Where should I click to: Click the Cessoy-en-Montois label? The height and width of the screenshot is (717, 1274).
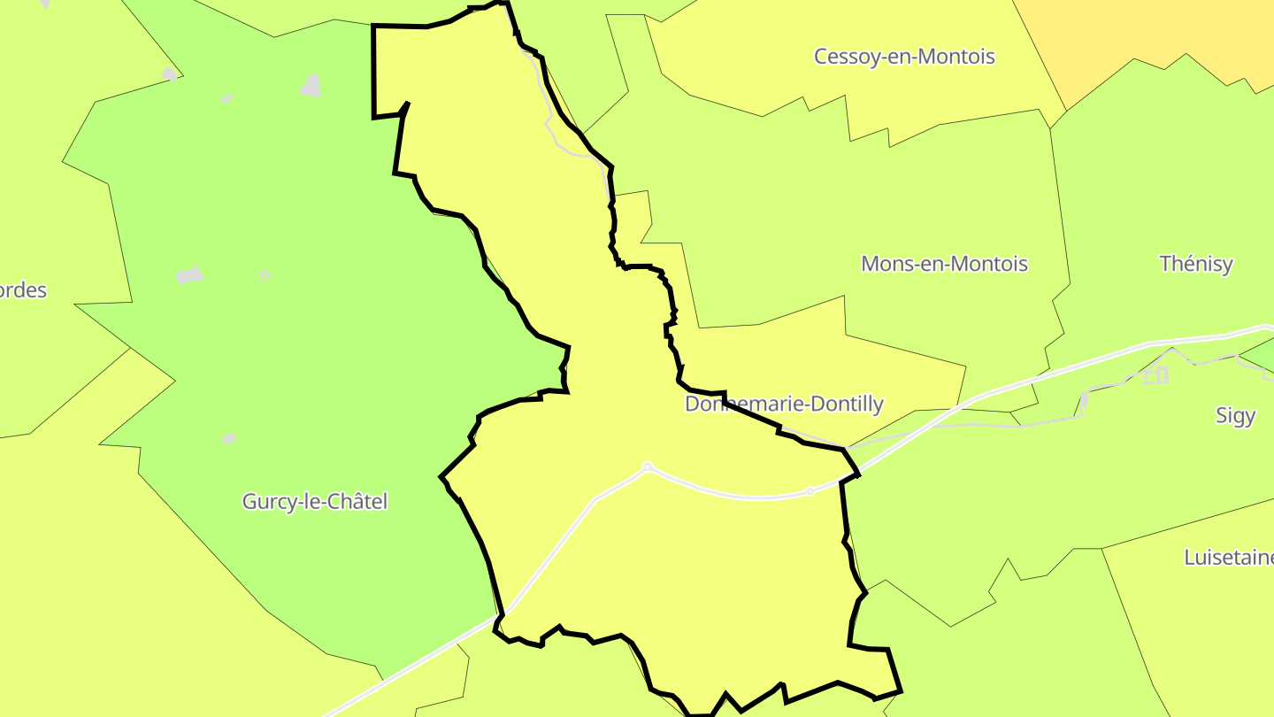tap(904, 57)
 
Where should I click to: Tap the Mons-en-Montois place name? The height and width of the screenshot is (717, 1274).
tap(944, 264)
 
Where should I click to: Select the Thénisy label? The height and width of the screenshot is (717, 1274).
tap(1195, 264)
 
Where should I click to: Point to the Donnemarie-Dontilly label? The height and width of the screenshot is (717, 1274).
tap(784, 405)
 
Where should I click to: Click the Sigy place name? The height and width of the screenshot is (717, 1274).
tap(1235, 415)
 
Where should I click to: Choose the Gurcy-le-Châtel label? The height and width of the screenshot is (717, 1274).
tap(315, 502)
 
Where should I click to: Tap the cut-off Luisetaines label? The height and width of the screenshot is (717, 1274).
tap(1229, 558)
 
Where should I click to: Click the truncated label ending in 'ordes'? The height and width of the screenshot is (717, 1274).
tap(23, 290)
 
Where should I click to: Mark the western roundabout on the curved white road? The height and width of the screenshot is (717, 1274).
tap(648, 466)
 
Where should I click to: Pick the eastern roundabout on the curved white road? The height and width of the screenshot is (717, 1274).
tap(810, 491)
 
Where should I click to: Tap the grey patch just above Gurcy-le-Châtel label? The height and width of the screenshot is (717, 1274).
tap(229, 438)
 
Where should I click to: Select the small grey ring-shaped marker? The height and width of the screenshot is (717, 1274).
tap(265, 276)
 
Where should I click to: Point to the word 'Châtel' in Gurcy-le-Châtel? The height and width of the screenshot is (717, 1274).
tap(357, 502)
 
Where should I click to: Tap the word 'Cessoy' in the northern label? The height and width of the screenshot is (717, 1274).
tap(844, 57)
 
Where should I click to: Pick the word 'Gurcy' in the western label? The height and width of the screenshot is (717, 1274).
tap(266, 502)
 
